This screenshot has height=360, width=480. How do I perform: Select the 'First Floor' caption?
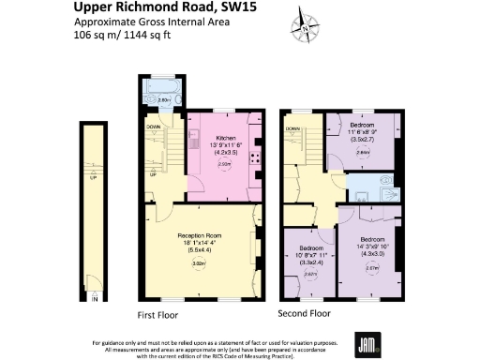tap(158, 315)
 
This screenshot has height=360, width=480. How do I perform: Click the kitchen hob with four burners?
tap(255, 160)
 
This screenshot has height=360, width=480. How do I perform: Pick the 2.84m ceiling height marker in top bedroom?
tap(363, 152)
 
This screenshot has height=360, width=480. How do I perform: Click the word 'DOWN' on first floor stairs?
tap(152, 126)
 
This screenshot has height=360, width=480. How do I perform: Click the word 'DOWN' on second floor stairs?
tap(294, 127)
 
